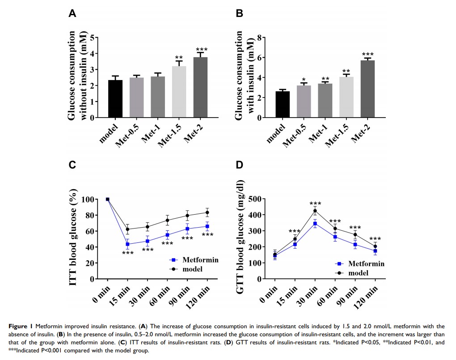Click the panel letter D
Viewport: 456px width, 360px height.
coord(240,165)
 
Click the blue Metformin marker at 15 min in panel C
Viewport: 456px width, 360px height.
coord(127,244)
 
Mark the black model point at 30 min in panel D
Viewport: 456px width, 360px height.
coord(315,211)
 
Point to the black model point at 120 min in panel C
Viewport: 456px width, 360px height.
coord(207,212)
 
